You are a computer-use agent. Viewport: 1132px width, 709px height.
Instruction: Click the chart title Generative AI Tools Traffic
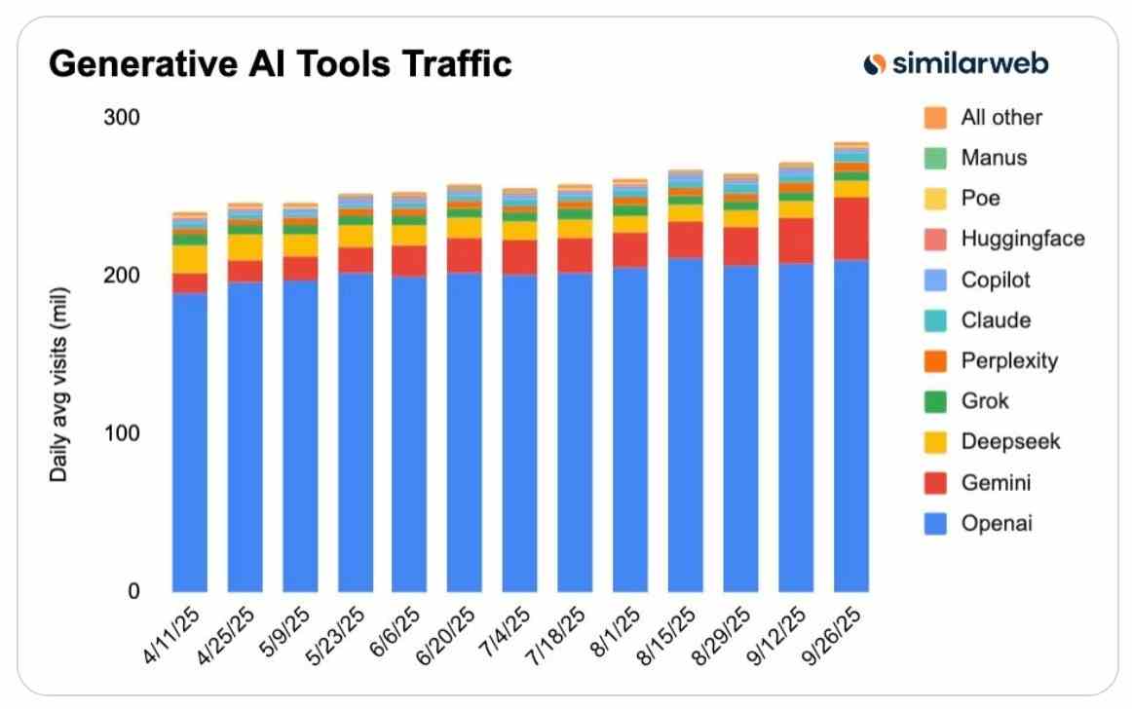pyautogui.click(x=280, y=64)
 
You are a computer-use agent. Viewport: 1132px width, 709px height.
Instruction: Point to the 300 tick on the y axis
pyautogui.click(x=122, y=118)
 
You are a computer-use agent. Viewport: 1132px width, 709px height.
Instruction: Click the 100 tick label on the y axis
pyautogui.click(x=122, y=433)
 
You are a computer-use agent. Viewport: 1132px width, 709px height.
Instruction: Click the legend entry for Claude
pyautogui.click(x=995, y=320)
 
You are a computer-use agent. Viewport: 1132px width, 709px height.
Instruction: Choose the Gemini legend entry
pyautogui.click(x=995, y=483)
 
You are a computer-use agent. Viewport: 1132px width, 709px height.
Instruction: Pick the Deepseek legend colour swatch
pyautogui.click(x=934, y=442)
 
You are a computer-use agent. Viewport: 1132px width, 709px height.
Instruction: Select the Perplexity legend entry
pyautogui.click(x=1008, y=361)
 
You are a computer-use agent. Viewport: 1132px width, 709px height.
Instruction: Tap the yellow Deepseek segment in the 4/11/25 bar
pyautogui.click(x=189, y=259)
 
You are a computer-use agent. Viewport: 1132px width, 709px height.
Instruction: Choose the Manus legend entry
pyautogui.click(x=993, y=158)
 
